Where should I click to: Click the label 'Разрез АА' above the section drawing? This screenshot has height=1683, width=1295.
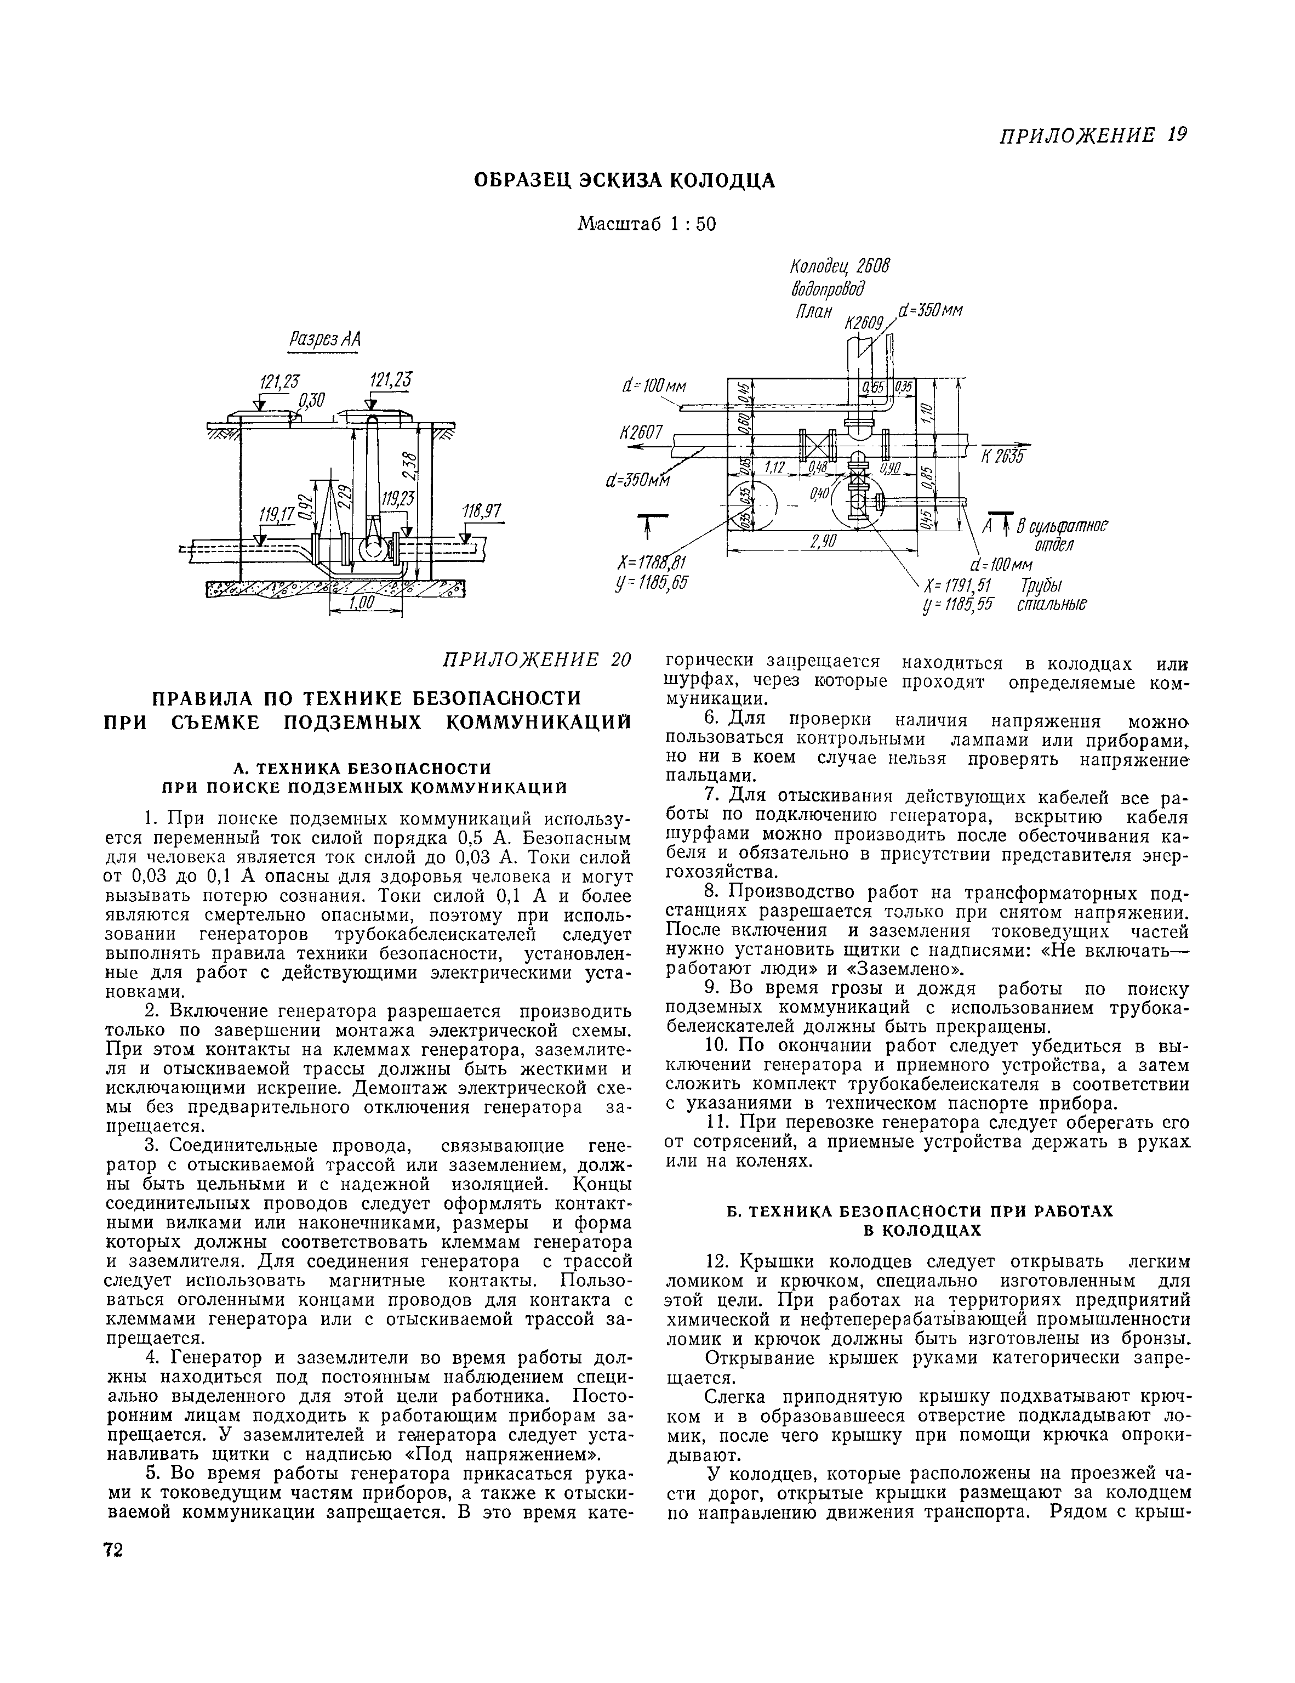coord(323,340)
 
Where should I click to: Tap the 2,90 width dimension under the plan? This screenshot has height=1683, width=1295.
coord(823,543)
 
